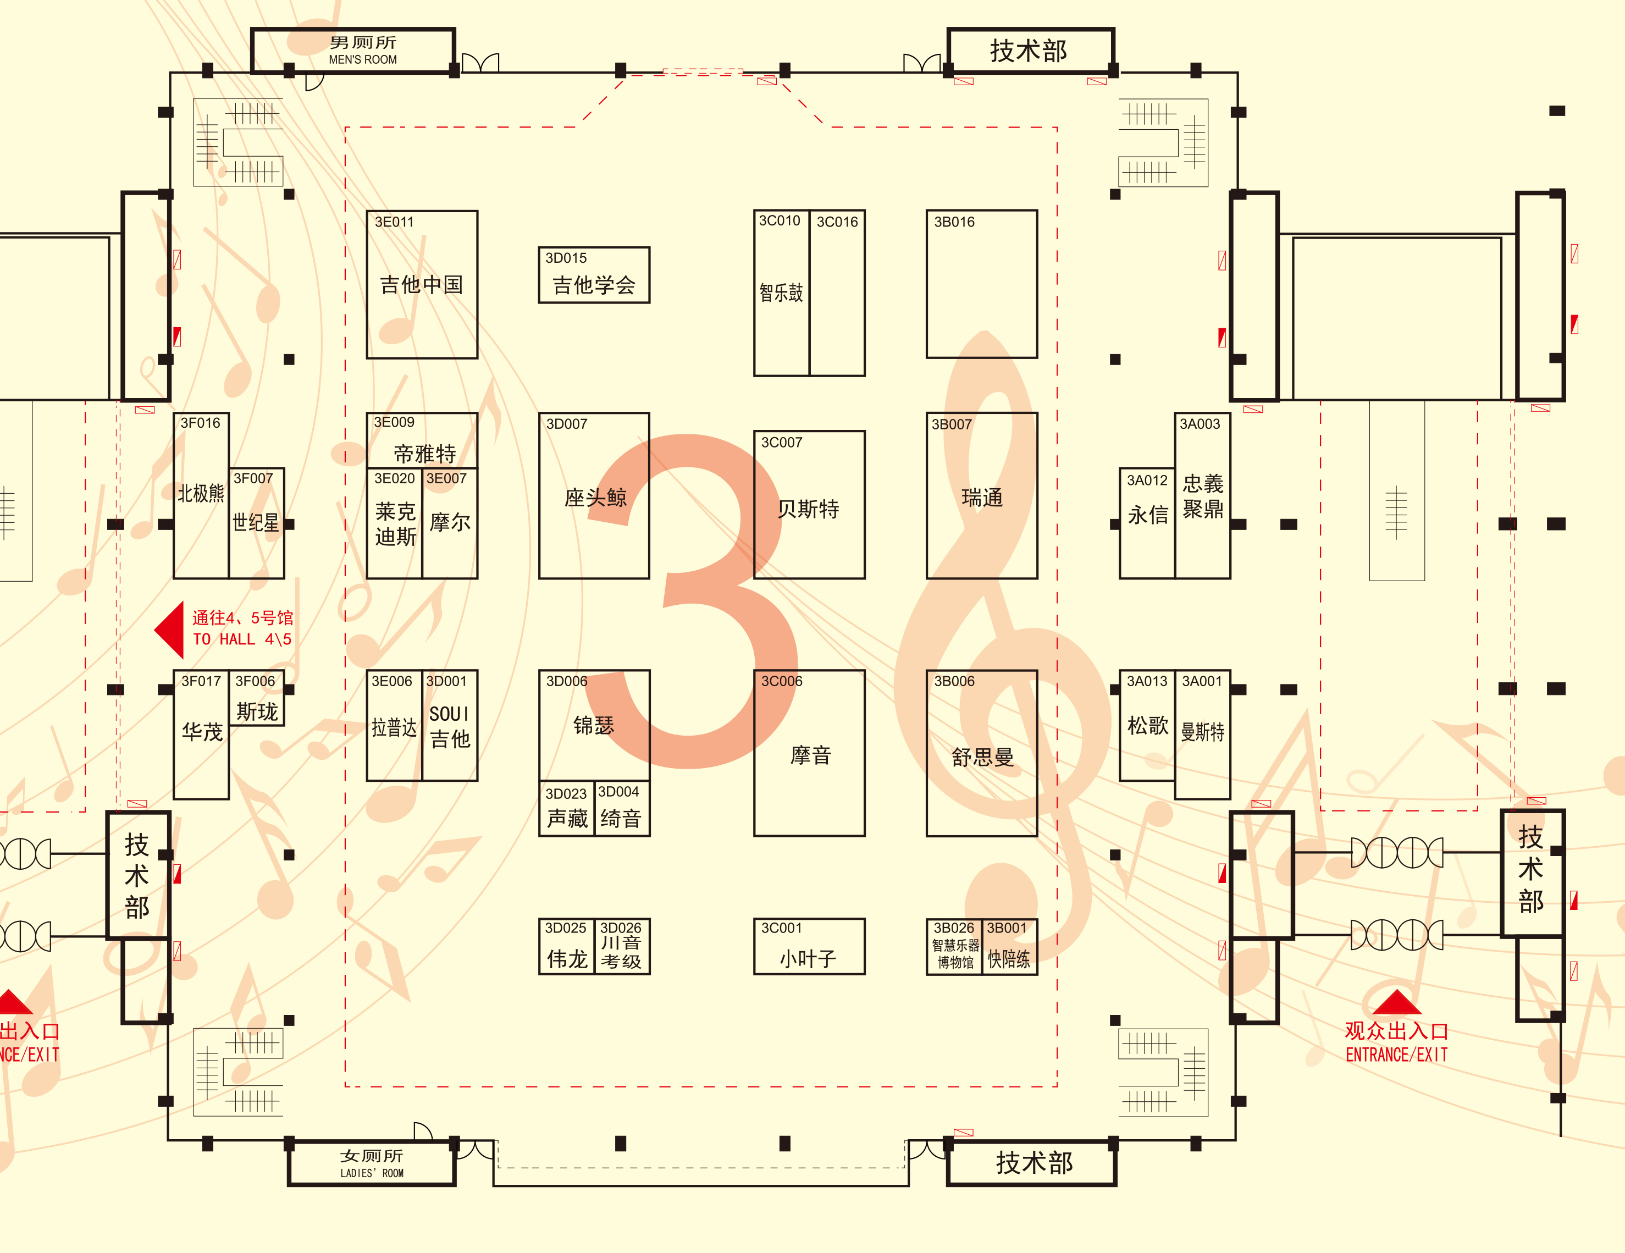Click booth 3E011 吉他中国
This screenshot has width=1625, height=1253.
422,284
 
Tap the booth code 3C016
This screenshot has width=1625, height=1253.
837,222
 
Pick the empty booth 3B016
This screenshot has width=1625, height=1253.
981,284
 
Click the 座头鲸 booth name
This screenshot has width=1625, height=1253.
595,497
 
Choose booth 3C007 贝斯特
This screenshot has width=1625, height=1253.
809,505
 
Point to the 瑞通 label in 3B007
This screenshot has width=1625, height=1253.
982,497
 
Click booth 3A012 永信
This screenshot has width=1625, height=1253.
1147,523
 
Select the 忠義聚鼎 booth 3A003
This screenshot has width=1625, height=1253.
1202,495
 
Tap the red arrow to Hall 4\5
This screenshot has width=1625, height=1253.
170,630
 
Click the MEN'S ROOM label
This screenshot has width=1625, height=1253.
363,59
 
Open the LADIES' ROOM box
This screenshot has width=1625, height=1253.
371,1163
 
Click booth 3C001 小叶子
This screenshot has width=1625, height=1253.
809,946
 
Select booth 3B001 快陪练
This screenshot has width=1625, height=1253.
1010,946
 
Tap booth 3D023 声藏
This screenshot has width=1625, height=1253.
566,809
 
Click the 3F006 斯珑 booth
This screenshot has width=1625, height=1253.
257,698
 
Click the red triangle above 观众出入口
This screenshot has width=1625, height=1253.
1396,1002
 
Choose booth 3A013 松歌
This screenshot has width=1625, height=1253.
1147,725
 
